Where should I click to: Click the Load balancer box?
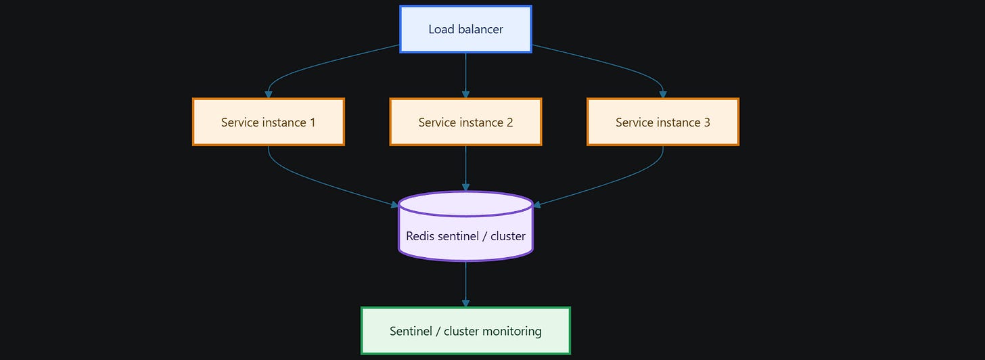(465, 29)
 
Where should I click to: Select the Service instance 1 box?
(268, 122)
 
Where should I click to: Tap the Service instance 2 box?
(465, 122)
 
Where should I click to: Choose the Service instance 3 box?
(663, 122)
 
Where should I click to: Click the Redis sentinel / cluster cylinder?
(465, 227)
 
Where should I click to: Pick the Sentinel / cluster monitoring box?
(465, 330)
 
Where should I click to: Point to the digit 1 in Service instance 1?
(313, 122)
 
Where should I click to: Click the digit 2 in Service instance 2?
(509, 122)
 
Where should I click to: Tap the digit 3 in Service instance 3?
(707, 122)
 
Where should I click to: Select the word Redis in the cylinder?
(420, 236)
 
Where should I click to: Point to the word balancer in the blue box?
(480, 29)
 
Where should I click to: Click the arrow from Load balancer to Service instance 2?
(465, 75)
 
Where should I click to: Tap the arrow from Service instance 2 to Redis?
(465, 168)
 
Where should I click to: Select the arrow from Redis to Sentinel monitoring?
(465, 284)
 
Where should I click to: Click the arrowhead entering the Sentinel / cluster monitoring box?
(465, 303)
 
